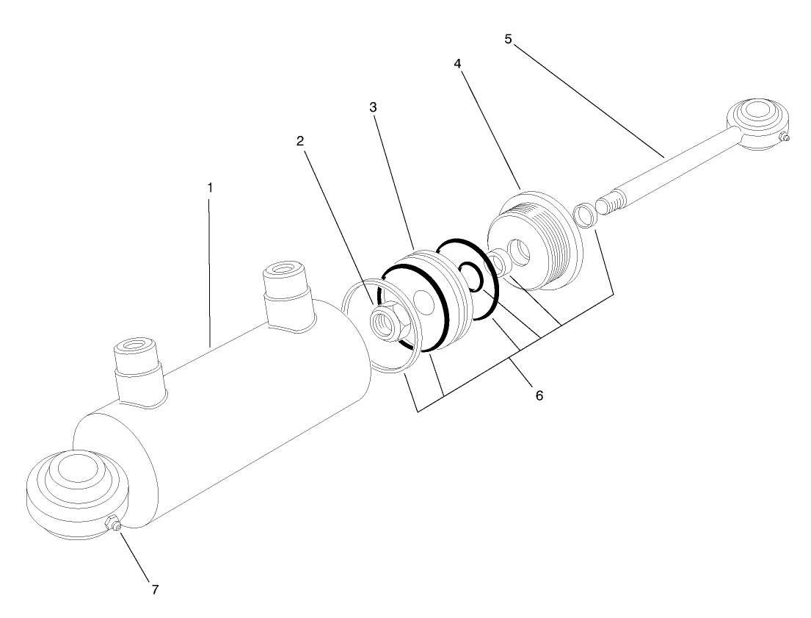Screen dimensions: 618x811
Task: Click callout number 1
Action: [209, 187]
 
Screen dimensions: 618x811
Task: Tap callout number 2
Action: [300, 142]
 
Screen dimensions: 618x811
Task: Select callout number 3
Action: [373, 107]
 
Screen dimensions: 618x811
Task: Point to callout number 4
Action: [457, 64]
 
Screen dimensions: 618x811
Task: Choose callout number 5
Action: [508, 38]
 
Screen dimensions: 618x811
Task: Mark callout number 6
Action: [539, 395]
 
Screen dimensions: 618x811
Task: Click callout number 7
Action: [155, 589]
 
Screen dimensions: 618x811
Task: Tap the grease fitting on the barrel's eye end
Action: [113, 524]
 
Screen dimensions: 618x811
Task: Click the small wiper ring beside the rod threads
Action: [584, 216]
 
